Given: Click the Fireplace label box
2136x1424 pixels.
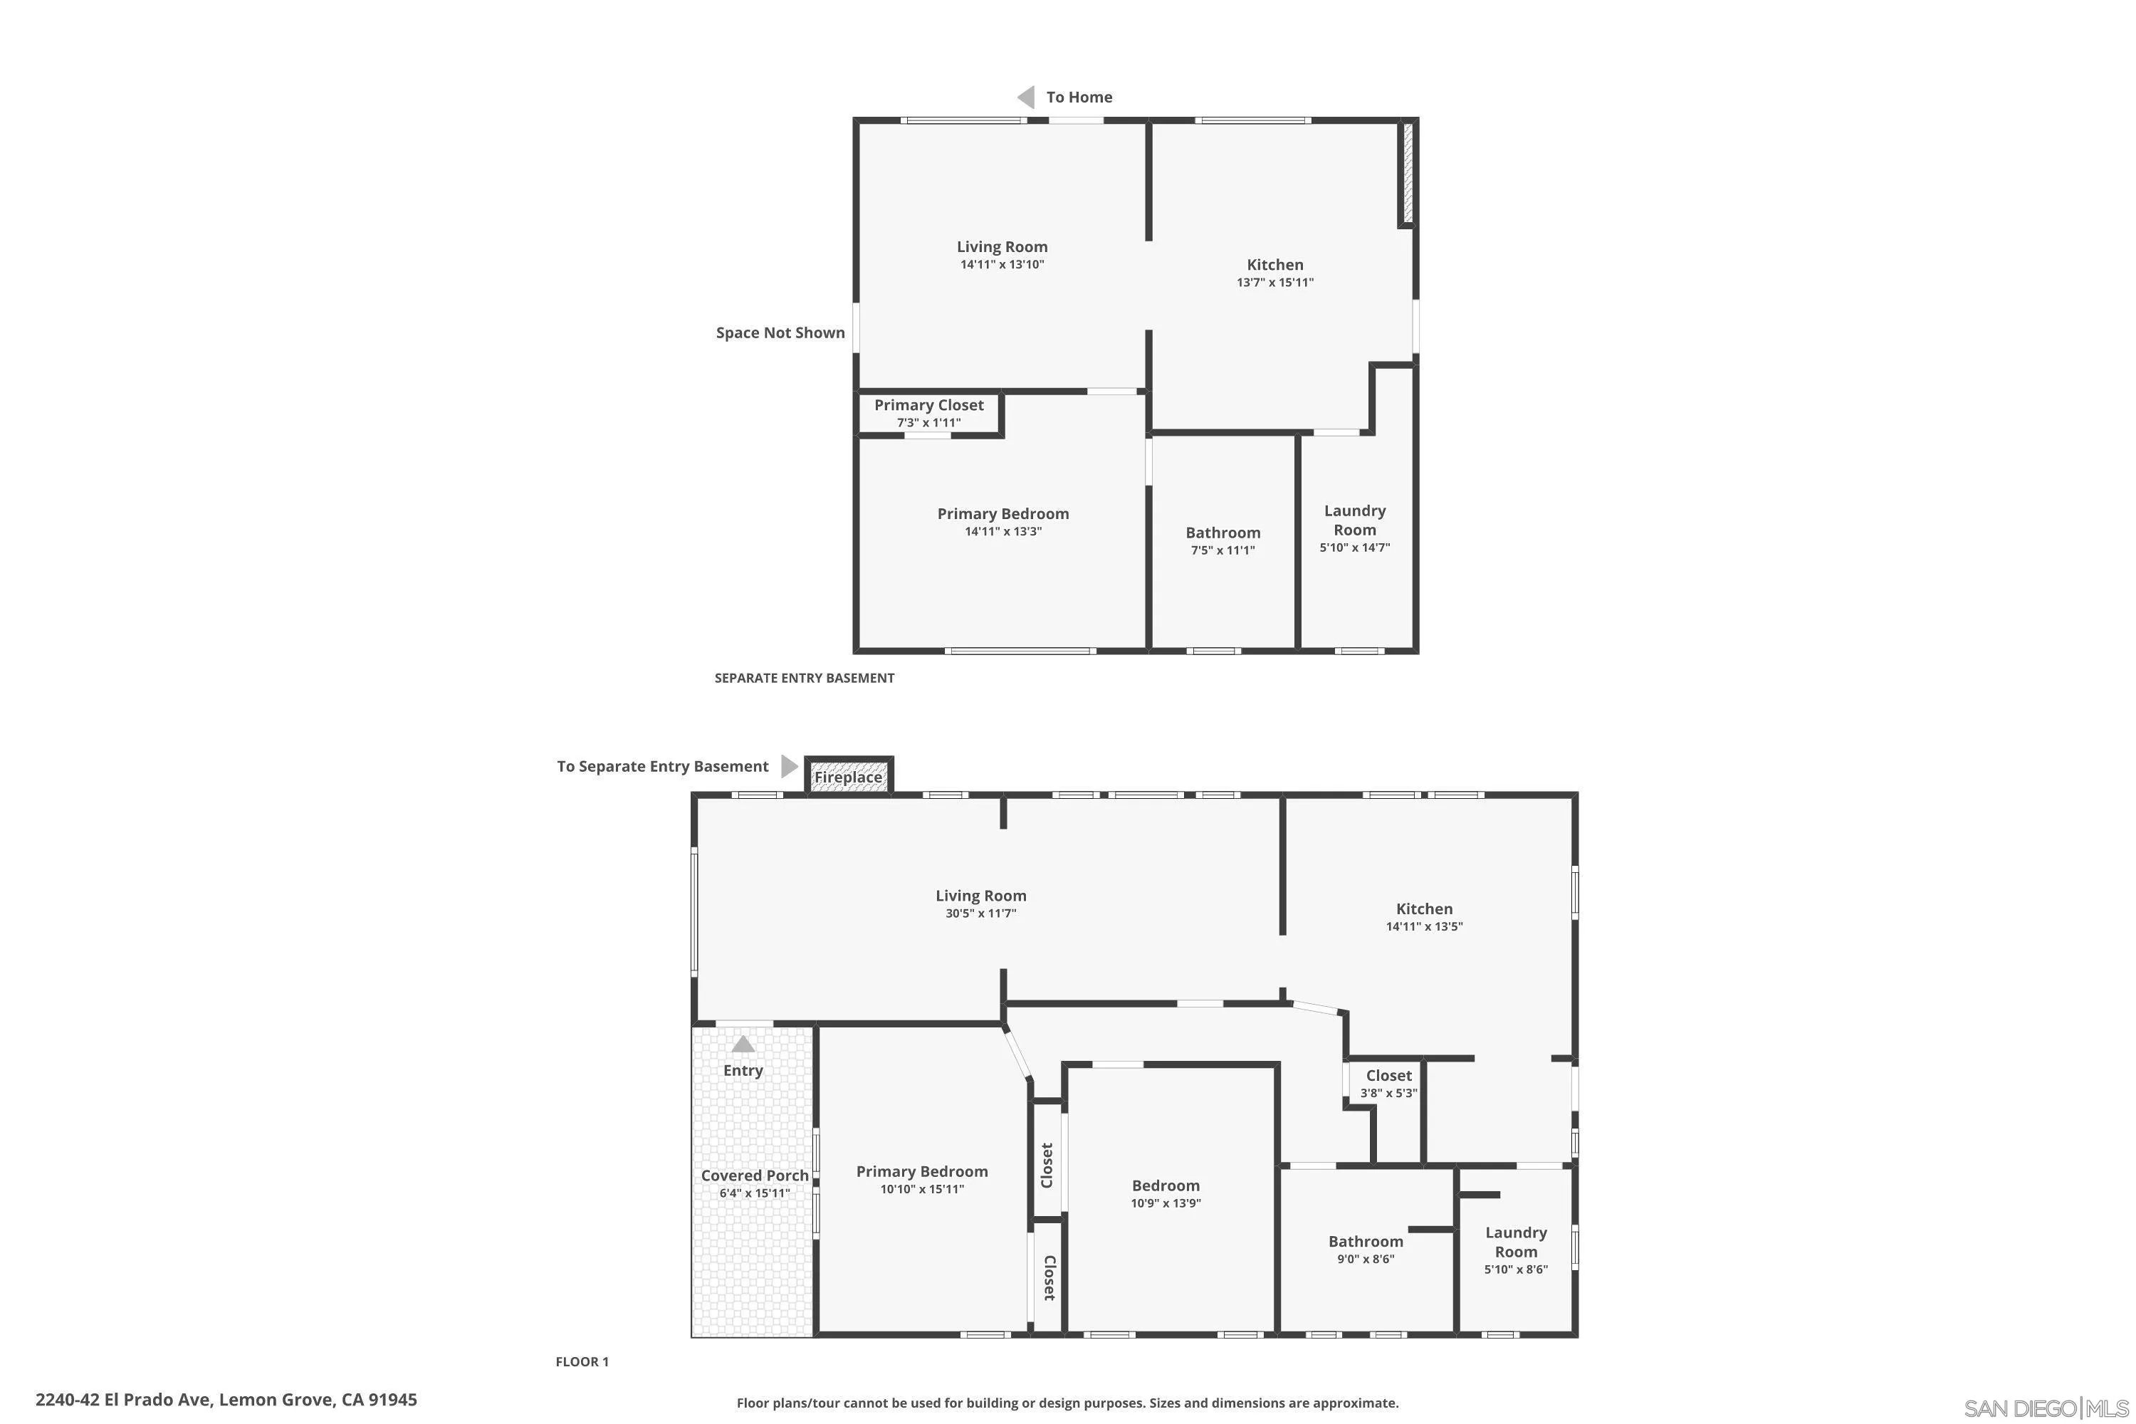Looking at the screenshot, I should coord(848,778).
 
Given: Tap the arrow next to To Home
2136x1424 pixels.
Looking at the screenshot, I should coord(1026,97).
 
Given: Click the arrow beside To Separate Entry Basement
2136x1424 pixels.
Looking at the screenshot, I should coord(788,767).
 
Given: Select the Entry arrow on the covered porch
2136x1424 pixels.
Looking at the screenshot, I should coord(743,1045).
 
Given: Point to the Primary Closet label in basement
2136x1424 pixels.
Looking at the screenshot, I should coord(928,405).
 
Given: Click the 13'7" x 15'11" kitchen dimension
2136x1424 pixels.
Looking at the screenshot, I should coord(1274,283).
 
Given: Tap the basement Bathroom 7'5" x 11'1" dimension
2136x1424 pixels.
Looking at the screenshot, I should coord(1223,550).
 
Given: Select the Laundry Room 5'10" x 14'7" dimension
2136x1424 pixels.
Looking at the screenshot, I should coord(1354,548).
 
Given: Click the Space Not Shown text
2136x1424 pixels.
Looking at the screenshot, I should coord(780,333).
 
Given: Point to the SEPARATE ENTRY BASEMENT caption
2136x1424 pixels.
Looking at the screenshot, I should coord(804,679).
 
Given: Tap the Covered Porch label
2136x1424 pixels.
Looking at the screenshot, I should coord(754,1176).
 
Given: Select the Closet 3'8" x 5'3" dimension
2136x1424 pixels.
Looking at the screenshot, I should coord(1388,1094).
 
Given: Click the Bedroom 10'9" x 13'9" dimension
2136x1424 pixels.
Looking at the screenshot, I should coord(1165,1203).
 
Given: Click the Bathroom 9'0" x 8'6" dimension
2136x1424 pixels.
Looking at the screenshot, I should coord(1365,1260).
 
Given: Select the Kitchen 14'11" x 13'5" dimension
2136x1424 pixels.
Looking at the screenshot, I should coord(1423,927).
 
